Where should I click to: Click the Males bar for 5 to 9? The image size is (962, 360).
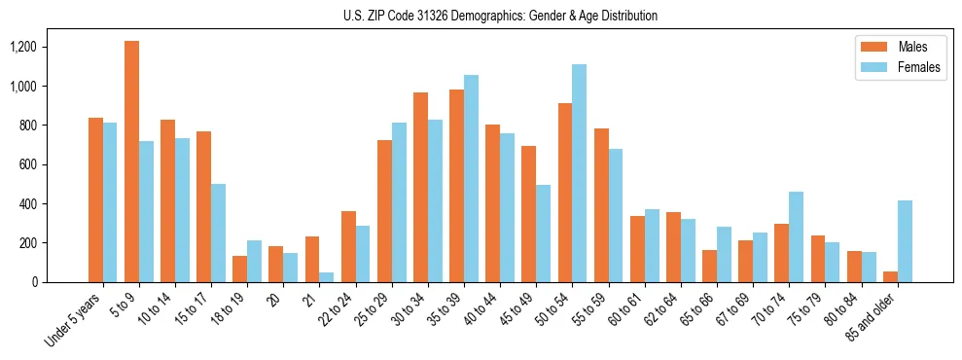131,162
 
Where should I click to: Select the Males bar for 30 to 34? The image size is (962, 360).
420,187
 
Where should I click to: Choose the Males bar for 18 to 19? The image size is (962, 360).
240,269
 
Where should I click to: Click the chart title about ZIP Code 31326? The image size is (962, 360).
500,16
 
